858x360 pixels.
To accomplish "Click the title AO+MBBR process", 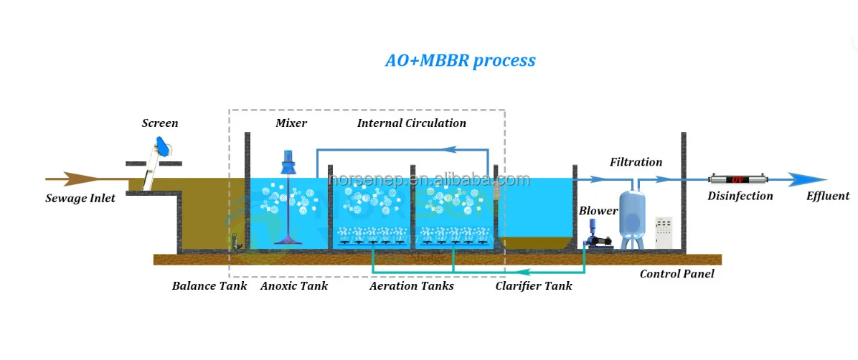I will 460,60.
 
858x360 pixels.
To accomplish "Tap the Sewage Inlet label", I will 80,198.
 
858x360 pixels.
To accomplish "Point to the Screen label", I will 159,123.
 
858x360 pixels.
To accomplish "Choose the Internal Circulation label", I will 411,123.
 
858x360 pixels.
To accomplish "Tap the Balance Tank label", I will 209,286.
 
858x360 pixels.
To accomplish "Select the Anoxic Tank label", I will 293,286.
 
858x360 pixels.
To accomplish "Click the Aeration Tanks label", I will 411,286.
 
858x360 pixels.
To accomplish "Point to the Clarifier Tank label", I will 534,286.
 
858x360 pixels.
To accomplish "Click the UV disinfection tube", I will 735,179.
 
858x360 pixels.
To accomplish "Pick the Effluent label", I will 827,196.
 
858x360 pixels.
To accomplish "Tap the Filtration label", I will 636,162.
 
